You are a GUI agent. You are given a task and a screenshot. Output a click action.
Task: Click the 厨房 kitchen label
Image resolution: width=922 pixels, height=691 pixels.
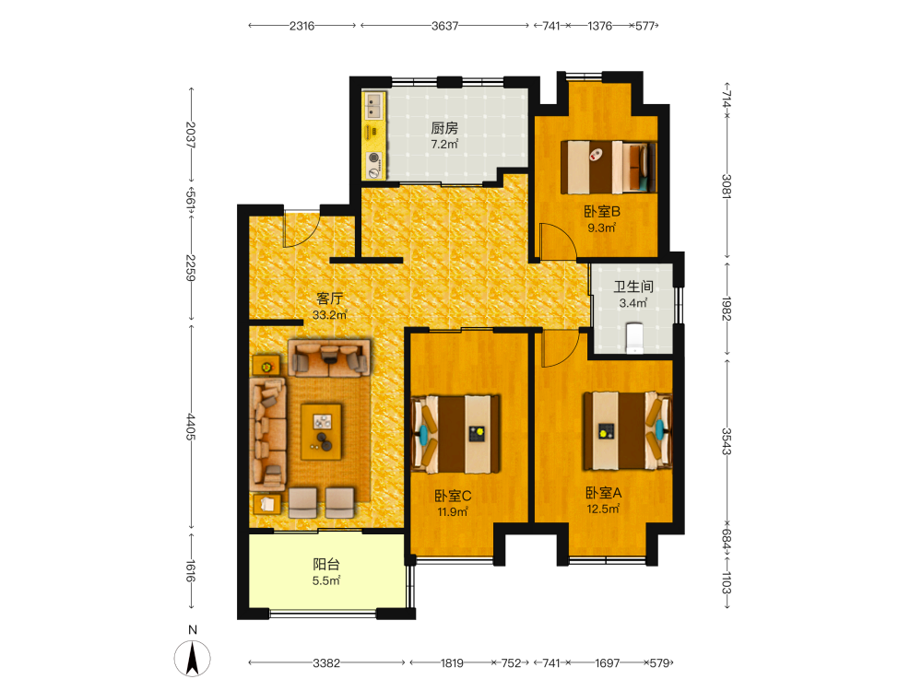[x=444, y=127]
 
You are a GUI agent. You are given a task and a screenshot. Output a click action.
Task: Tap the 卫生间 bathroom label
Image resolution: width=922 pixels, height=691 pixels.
[x=633, y=287]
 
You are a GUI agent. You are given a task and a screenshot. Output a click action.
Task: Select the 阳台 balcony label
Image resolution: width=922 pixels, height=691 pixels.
[x=326, y=565]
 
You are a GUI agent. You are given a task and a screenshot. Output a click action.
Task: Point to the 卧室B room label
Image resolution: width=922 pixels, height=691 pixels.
[x=601, y=212]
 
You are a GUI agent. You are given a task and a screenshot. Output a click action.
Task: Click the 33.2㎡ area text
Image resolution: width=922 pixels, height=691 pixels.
[x=330, y=315]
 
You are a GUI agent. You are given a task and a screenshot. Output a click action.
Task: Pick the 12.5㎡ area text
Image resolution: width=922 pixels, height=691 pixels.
[x=603, y=509]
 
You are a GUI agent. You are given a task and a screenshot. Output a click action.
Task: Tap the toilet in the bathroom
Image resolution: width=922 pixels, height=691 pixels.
[x=634, y=338]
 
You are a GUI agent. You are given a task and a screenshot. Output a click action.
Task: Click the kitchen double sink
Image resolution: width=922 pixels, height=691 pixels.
[x=372, y=106]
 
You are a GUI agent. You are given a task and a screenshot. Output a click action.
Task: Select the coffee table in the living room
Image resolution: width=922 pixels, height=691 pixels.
[x=321, y=431]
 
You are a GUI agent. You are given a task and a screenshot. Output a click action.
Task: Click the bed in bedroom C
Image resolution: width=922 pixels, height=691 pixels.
[x=455, y=434]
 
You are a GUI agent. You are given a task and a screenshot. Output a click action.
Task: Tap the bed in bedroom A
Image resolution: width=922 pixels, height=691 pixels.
[x=627, y=430]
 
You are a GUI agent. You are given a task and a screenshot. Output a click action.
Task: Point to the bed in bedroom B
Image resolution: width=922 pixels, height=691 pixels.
[x=608, y=168]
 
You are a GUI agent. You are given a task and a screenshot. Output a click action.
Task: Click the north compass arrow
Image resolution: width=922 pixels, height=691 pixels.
[x=193, y=658]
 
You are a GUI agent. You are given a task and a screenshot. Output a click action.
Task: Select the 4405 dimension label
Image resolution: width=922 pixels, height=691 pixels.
[x=191, y=427]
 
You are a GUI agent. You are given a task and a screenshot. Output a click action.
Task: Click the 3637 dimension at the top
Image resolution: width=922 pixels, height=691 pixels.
[x=444, y=26]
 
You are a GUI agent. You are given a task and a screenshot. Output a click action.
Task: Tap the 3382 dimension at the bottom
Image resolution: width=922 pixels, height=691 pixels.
[x=326, y=662]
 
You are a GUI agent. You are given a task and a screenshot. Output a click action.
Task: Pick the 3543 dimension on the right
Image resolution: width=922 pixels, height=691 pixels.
[x=727, y=441]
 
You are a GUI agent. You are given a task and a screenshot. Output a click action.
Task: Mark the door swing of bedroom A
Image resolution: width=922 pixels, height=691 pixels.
[x=561, y=348]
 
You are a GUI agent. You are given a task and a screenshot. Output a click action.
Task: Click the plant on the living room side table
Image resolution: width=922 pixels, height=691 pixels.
[x=266, y=367]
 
